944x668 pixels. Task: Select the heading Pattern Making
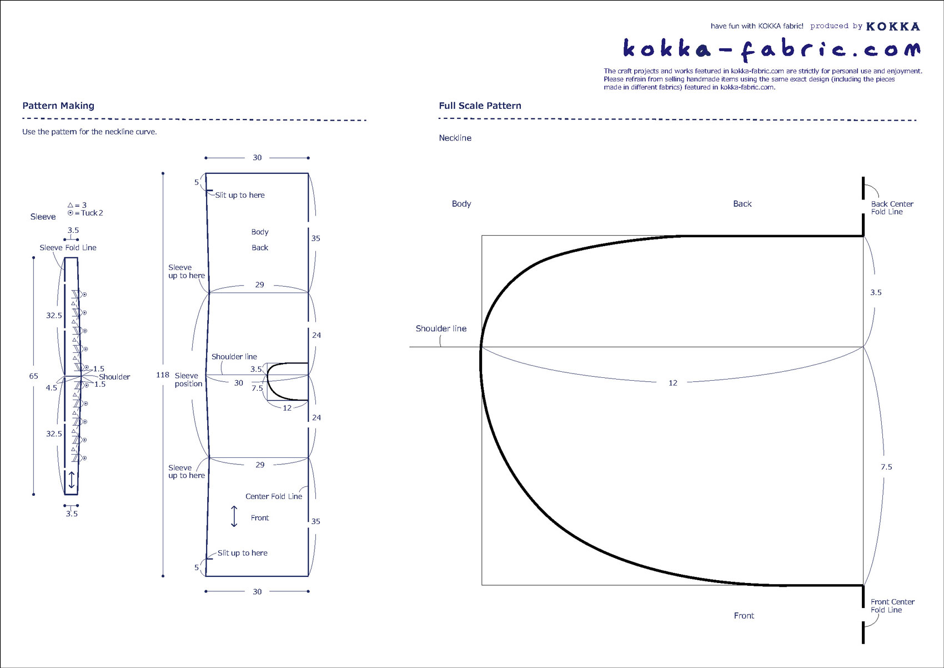(x=58, y=106)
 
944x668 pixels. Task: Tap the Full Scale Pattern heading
(x=480, y=106)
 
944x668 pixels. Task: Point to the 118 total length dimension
(x=163, y=375)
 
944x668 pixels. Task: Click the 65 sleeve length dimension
(x=34, y=376)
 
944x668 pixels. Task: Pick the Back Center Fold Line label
(x=892, y=208)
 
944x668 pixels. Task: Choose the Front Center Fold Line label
(x=892, y=606)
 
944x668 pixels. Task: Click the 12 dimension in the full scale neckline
(x=673, y=383)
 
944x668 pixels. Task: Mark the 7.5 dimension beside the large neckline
(x=886, y=467)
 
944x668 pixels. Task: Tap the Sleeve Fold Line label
(x=68, y=247)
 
